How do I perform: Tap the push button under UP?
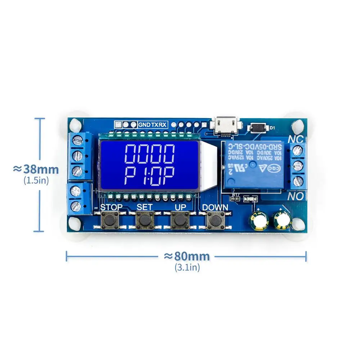tap(180, 219)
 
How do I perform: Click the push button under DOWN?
tap(215, 219)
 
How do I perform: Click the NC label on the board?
tap(296, 139)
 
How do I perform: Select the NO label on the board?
tap(296, 197)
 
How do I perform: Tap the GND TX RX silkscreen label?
tap(153, 125)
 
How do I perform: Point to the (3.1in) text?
tap(187, 267)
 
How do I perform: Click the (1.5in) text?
tap(36, 180)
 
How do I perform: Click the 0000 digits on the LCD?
tap(149, 154)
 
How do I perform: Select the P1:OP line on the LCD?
tap(149, 176)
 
